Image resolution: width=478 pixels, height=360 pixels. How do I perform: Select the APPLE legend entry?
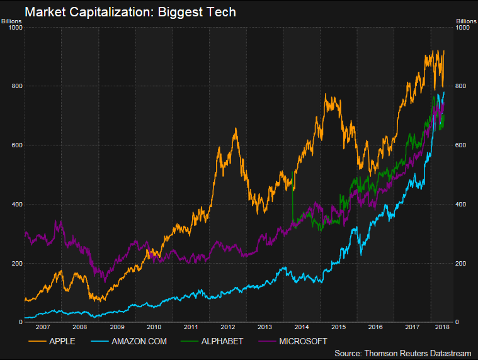point(62,341)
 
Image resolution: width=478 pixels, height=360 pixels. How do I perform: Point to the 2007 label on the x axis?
point(42,327)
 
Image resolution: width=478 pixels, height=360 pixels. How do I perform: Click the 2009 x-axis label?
point(117,327)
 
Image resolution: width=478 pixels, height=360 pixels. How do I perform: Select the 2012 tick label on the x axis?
point(227,327)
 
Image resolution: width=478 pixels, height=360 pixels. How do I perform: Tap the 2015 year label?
point(338,327)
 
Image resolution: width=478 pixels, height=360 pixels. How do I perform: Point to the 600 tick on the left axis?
point(16,145)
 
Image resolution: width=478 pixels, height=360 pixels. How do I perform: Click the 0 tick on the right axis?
point(459,322)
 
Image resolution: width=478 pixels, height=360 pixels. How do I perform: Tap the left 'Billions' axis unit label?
point(12,20)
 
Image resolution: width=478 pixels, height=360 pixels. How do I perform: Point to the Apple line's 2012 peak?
point(236,129)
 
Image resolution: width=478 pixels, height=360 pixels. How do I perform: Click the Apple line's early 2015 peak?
point(326,95)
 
